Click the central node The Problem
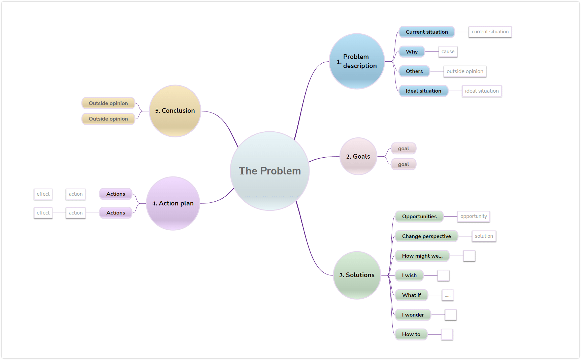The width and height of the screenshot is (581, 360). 270,171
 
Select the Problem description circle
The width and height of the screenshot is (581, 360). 357,61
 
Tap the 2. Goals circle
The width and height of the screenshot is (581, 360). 358,156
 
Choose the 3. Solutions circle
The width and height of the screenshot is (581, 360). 357,275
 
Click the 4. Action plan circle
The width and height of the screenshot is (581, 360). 173,203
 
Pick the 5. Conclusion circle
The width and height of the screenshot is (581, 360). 175,111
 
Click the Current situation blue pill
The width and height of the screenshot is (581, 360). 427,32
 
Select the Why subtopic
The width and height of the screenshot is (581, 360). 412,52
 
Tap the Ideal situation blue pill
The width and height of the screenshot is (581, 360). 423,91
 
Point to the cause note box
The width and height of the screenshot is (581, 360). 448,52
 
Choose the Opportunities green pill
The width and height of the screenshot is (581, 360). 419,217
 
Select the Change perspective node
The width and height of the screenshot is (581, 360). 426,236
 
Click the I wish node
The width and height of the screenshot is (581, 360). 409,275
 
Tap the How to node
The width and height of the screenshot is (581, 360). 411,334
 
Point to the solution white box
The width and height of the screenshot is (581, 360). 484,236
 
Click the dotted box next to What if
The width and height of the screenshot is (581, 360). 448,295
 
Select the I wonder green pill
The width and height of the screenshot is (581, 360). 413,315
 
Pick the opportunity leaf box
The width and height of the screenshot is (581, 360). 474,216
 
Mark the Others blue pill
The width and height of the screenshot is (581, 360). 414,71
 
